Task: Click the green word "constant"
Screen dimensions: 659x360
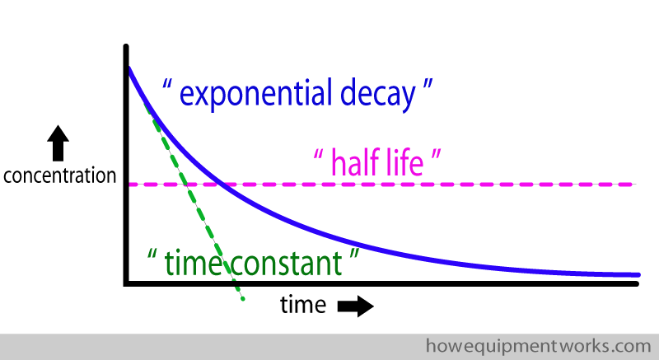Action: coord(287,264)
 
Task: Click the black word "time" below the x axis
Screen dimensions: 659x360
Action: coord(303,305)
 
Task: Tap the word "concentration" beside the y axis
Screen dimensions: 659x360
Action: coord(59,175)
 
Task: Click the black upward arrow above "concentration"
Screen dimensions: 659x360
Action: coord(58,143)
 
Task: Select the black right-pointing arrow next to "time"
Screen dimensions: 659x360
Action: coord(356,306)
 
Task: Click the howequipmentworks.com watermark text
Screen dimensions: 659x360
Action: coord(539,347)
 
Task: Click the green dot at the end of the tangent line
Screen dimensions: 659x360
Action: coord(243,299)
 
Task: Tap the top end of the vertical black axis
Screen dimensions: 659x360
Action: coord(126,46)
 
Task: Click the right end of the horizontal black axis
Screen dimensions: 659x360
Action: coord(637,284)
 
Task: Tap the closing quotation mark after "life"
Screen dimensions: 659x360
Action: coord(437,155)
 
